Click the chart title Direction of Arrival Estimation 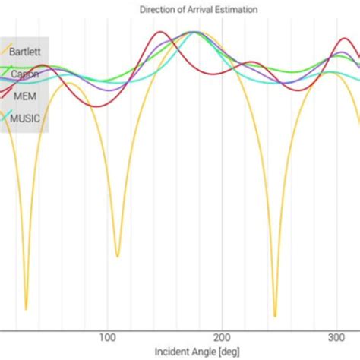click(197, 10)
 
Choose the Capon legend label click(24, 74)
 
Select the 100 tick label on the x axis click(106, 336)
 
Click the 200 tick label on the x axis click(221, 336)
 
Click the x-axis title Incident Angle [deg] click(197, 352)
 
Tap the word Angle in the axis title click(201, 352)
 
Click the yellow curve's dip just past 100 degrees click(117, 256)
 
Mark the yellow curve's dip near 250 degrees click(275, 315)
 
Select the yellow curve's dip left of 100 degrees click(26, 309)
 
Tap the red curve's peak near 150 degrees click(159, 33)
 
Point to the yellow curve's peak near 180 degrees click(196, 33)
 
